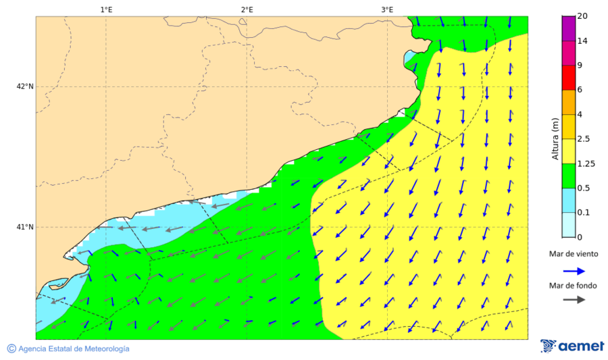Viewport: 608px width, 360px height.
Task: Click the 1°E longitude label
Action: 106,9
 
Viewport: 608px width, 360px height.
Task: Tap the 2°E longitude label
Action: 247,9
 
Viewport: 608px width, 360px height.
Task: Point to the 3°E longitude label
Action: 387,9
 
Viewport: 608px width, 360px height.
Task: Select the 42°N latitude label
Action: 25,86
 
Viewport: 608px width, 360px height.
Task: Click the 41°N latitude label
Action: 25,227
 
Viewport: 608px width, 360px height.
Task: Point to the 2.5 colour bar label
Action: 584,139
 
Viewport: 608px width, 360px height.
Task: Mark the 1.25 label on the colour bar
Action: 586,163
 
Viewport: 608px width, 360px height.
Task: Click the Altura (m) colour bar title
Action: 555,138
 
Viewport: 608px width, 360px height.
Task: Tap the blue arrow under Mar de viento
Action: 574,271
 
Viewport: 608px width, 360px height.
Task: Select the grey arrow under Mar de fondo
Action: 574,299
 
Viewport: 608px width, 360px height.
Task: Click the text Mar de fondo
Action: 573,286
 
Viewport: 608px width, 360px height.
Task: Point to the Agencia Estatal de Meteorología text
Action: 73,349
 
